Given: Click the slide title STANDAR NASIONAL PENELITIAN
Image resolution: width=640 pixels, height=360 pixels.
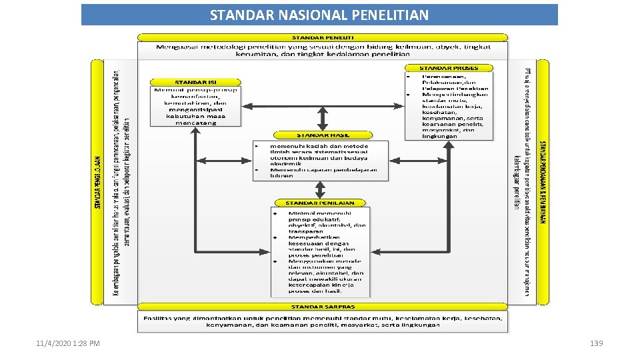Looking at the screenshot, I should (319, 15).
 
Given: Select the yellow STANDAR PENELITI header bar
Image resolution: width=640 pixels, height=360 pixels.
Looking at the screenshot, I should (323, 37).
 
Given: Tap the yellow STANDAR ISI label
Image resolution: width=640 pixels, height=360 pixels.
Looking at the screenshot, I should (195, 82).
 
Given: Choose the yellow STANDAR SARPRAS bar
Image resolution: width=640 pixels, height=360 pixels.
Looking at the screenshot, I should (323, 307).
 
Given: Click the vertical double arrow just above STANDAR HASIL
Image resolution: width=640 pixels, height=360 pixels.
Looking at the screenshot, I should (323, 117).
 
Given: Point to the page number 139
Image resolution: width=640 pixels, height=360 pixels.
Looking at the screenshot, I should (596, 343).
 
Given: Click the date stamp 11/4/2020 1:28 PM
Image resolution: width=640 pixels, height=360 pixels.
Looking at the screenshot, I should (68, 343).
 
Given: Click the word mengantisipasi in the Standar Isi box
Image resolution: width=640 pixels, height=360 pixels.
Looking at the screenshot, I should (195, 109).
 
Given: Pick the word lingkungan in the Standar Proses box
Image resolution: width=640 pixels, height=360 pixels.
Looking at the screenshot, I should (440, 136).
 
